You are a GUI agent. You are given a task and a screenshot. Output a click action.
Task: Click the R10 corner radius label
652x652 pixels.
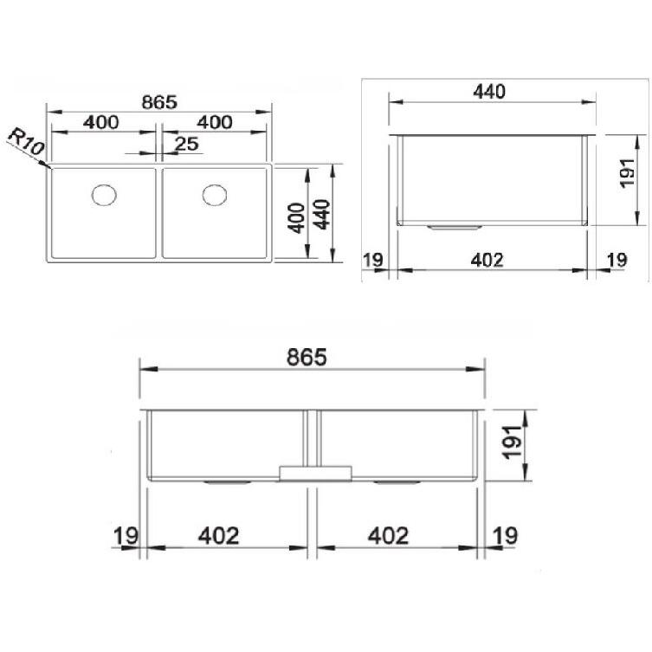coord(26,142)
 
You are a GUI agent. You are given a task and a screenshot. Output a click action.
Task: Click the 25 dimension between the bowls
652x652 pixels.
coord(186,144)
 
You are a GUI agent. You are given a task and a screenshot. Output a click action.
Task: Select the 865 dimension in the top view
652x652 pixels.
coord(159,102)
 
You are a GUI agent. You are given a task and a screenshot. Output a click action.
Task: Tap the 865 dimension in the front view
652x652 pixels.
coord(307,358)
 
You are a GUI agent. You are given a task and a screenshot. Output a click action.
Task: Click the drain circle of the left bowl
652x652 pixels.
coord(104,194)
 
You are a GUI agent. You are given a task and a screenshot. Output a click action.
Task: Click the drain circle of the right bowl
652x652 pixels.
coord(215,195)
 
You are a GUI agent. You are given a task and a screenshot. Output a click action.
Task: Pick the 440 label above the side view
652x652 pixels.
coord(489,92)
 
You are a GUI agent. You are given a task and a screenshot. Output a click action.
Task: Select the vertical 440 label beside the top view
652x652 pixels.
coord(322,215)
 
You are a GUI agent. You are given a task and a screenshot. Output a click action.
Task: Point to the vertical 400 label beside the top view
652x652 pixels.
coord(296,218)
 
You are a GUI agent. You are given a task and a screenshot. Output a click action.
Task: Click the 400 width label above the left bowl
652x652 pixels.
coord(101,122)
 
